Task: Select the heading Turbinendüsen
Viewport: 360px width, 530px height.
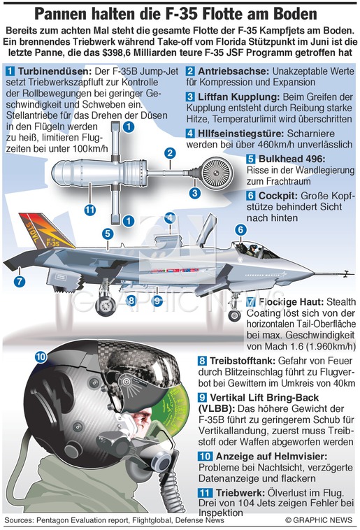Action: (55, 71)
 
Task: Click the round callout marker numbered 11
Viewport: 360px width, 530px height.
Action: (89, 210)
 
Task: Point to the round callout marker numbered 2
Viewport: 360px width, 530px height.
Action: (171, 153)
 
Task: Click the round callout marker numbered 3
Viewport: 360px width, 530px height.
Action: (195, 194)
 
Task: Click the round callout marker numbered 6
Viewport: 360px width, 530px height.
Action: (240, 230)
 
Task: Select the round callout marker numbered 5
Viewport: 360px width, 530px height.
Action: (108, 234)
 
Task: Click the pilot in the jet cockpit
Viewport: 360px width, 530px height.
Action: (252, 250)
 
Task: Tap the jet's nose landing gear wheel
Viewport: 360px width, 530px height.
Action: (234, 316)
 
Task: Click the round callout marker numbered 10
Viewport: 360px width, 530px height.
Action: (41, 357)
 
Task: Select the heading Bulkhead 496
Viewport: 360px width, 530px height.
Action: (291, 159)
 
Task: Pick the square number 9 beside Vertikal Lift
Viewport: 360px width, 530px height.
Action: (203, 397)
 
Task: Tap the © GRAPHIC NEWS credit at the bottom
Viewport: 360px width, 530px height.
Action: (319, 520)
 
